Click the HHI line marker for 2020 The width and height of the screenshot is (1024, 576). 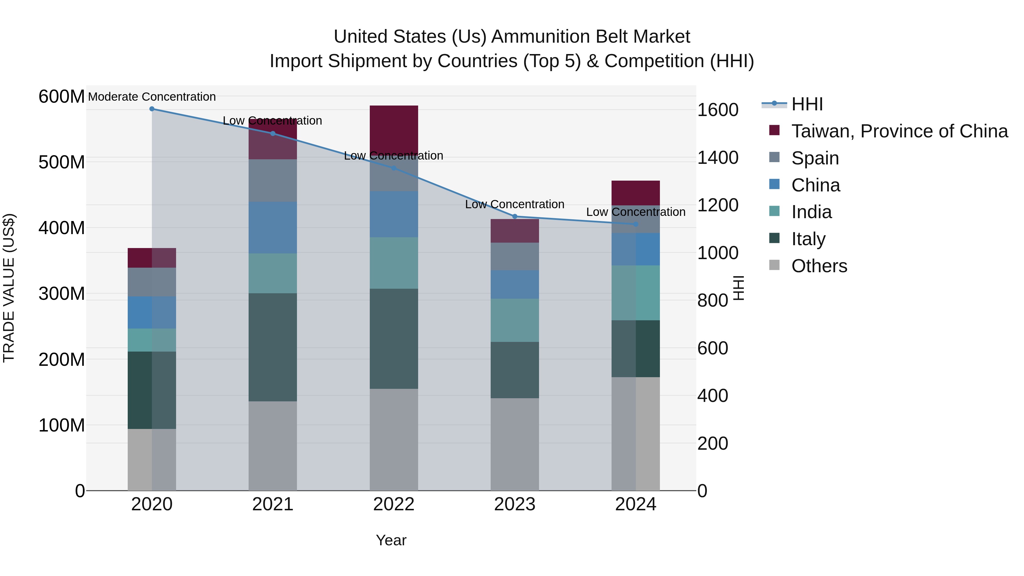coord(152,109)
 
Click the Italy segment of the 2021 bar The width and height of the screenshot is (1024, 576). coord(273,347)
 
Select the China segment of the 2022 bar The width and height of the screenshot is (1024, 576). coord(394,214)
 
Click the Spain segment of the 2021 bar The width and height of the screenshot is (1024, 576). coord(273,180)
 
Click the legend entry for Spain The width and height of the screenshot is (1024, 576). coord(815,158)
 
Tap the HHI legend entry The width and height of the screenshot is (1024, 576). coord(807,104)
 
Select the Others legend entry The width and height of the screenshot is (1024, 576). coord(819,266)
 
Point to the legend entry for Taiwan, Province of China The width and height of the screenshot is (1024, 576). coord(899,131)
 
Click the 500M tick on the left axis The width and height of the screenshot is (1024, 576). coord(62,162)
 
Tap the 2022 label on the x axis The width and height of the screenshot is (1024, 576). coord(394,504)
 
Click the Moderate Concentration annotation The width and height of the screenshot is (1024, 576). coord(152,97)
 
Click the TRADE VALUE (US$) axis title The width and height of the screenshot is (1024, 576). coord(9,288)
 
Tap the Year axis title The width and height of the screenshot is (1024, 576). coord(391,540)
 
